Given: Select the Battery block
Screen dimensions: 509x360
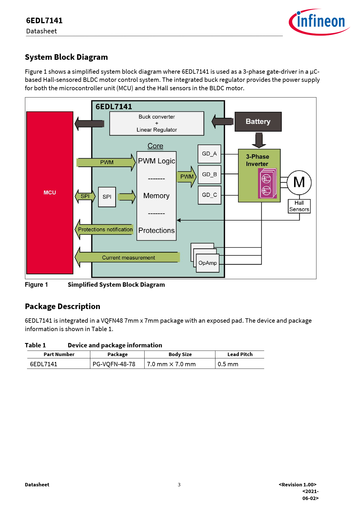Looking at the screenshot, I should pos(258,122).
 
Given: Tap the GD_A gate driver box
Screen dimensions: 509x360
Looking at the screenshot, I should pos(209,154).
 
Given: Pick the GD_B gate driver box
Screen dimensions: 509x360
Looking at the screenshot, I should pos(209,174).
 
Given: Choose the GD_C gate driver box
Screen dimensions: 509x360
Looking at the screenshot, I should pos(209,195).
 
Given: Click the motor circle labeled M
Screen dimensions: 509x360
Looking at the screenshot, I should pos(299,183).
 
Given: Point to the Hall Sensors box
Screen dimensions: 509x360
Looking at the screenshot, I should pos(299,206).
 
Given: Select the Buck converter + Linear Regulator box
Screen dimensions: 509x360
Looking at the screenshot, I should pos(156,123).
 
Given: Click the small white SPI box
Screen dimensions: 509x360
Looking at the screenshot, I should pos(107,197).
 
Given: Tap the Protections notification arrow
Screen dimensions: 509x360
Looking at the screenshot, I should pos(105,230).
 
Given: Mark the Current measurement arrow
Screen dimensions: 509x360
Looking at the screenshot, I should pos(128,257).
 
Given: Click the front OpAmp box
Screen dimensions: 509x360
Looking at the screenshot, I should pos(208,263).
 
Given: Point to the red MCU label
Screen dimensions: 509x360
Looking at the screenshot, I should pos(50,193).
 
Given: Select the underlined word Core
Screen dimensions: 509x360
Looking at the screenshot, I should pos(155,146).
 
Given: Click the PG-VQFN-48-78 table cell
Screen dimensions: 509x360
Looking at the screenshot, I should pos(114,364).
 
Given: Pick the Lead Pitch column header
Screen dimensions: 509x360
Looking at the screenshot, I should pos(240,354).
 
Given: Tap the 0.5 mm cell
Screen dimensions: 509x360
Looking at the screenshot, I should pos(228,364).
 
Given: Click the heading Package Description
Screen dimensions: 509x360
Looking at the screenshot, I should pos(62,306).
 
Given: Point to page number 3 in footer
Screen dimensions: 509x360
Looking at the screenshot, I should pos(179,485).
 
